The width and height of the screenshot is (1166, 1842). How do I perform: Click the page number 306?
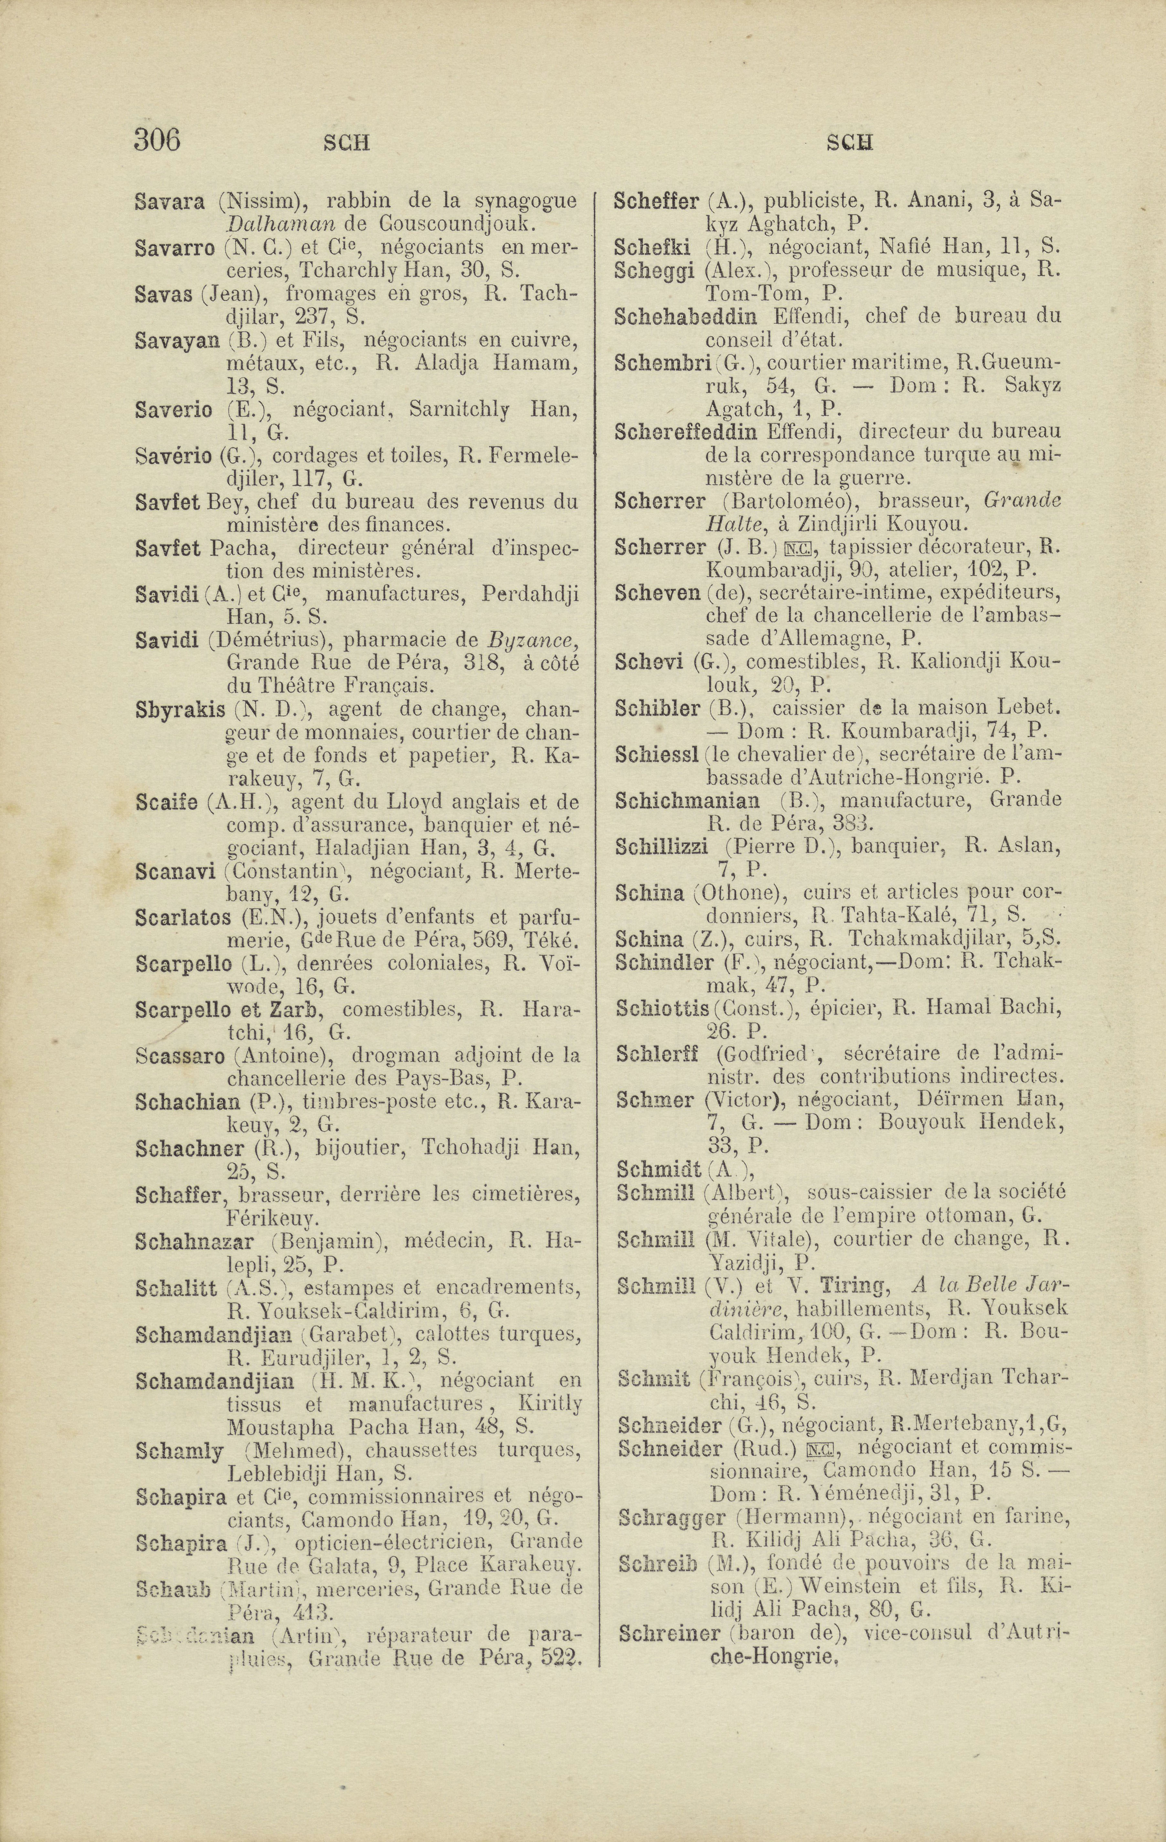pyautogui.click(x=157, y=140)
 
